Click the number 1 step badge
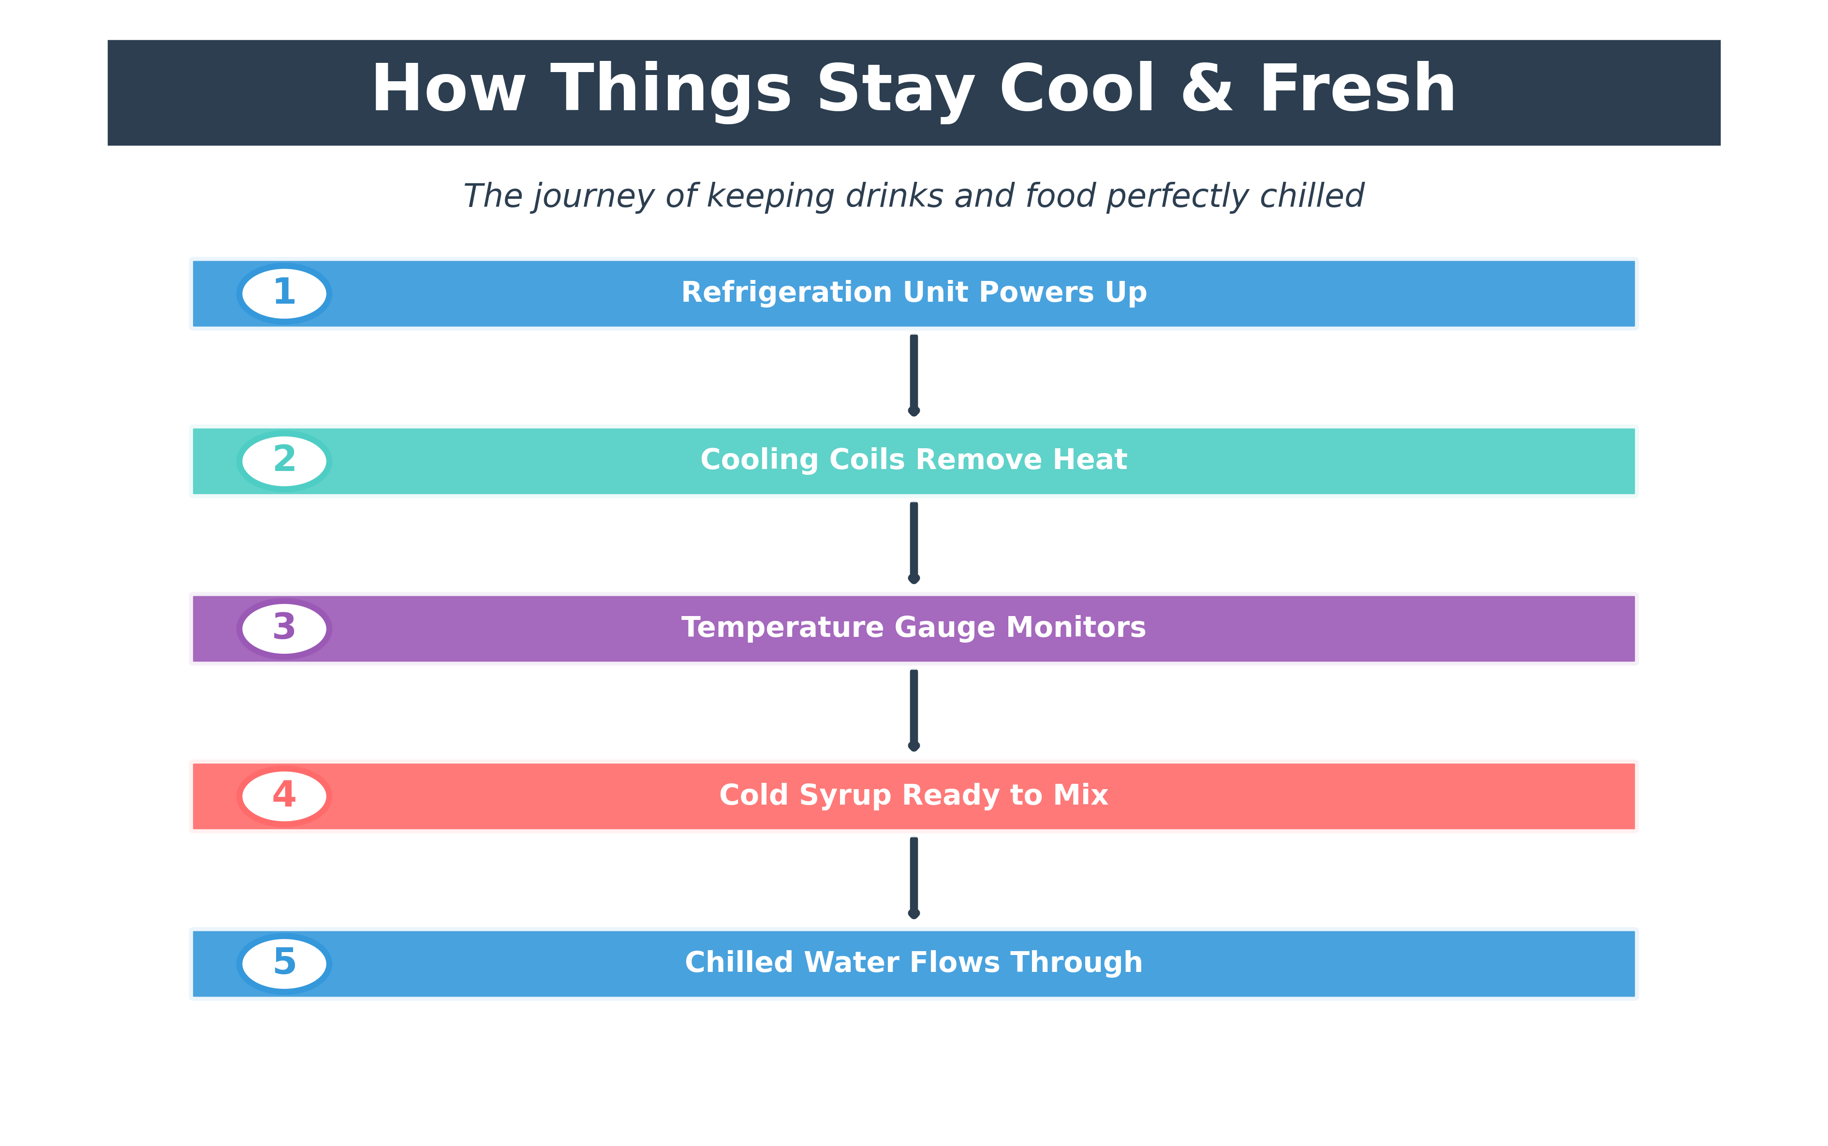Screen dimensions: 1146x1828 point(284,294)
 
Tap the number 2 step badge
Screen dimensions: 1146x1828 point(284,461)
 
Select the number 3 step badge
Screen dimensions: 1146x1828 point(284,628)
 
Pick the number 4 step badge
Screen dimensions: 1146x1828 point(284,796)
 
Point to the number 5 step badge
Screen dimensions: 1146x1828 point(284,963)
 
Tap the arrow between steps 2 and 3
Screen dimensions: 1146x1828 point(914,543)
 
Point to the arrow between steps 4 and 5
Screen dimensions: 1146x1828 point(914,878)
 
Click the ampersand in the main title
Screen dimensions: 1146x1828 point(1207,89)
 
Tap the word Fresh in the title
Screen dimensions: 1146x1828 point(1357,89)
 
